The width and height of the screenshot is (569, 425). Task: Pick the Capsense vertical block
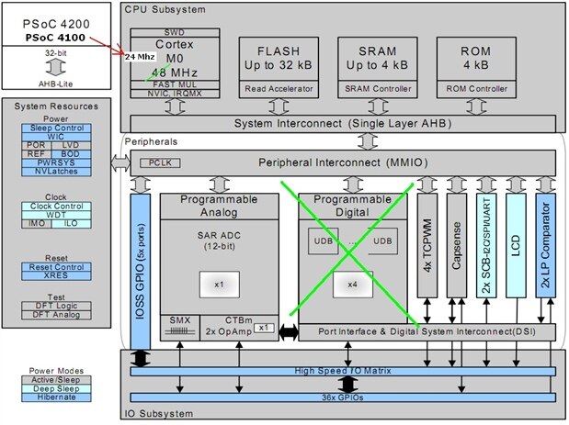(x=458, y=243)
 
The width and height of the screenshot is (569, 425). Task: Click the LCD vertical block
(x=516, y=243)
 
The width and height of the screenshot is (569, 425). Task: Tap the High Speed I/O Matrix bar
(x=342, y=370)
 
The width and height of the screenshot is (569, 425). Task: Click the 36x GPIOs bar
(x=342, y=397)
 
